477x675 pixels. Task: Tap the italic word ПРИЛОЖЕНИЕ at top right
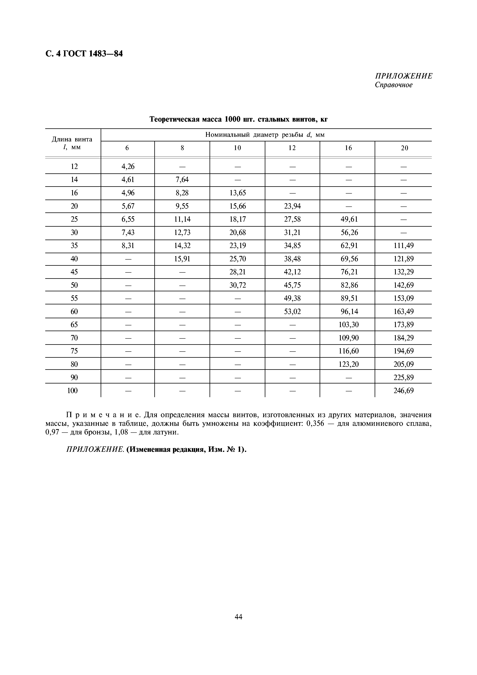tap(403, 76)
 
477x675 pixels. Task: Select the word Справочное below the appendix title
tap(393, 85)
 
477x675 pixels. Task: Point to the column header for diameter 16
tap(348, 148)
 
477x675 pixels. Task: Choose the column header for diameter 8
tap(182, 148)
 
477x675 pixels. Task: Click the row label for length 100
tap(73, 391)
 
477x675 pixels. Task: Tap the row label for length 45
tap(74, 272)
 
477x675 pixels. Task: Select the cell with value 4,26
tap(128, 166)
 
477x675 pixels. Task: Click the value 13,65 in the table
tap(237, 193)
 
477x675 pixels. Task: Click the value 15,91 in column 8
tap(182, 259)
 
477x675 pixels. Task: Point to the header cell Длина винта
tap(72, 139)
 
